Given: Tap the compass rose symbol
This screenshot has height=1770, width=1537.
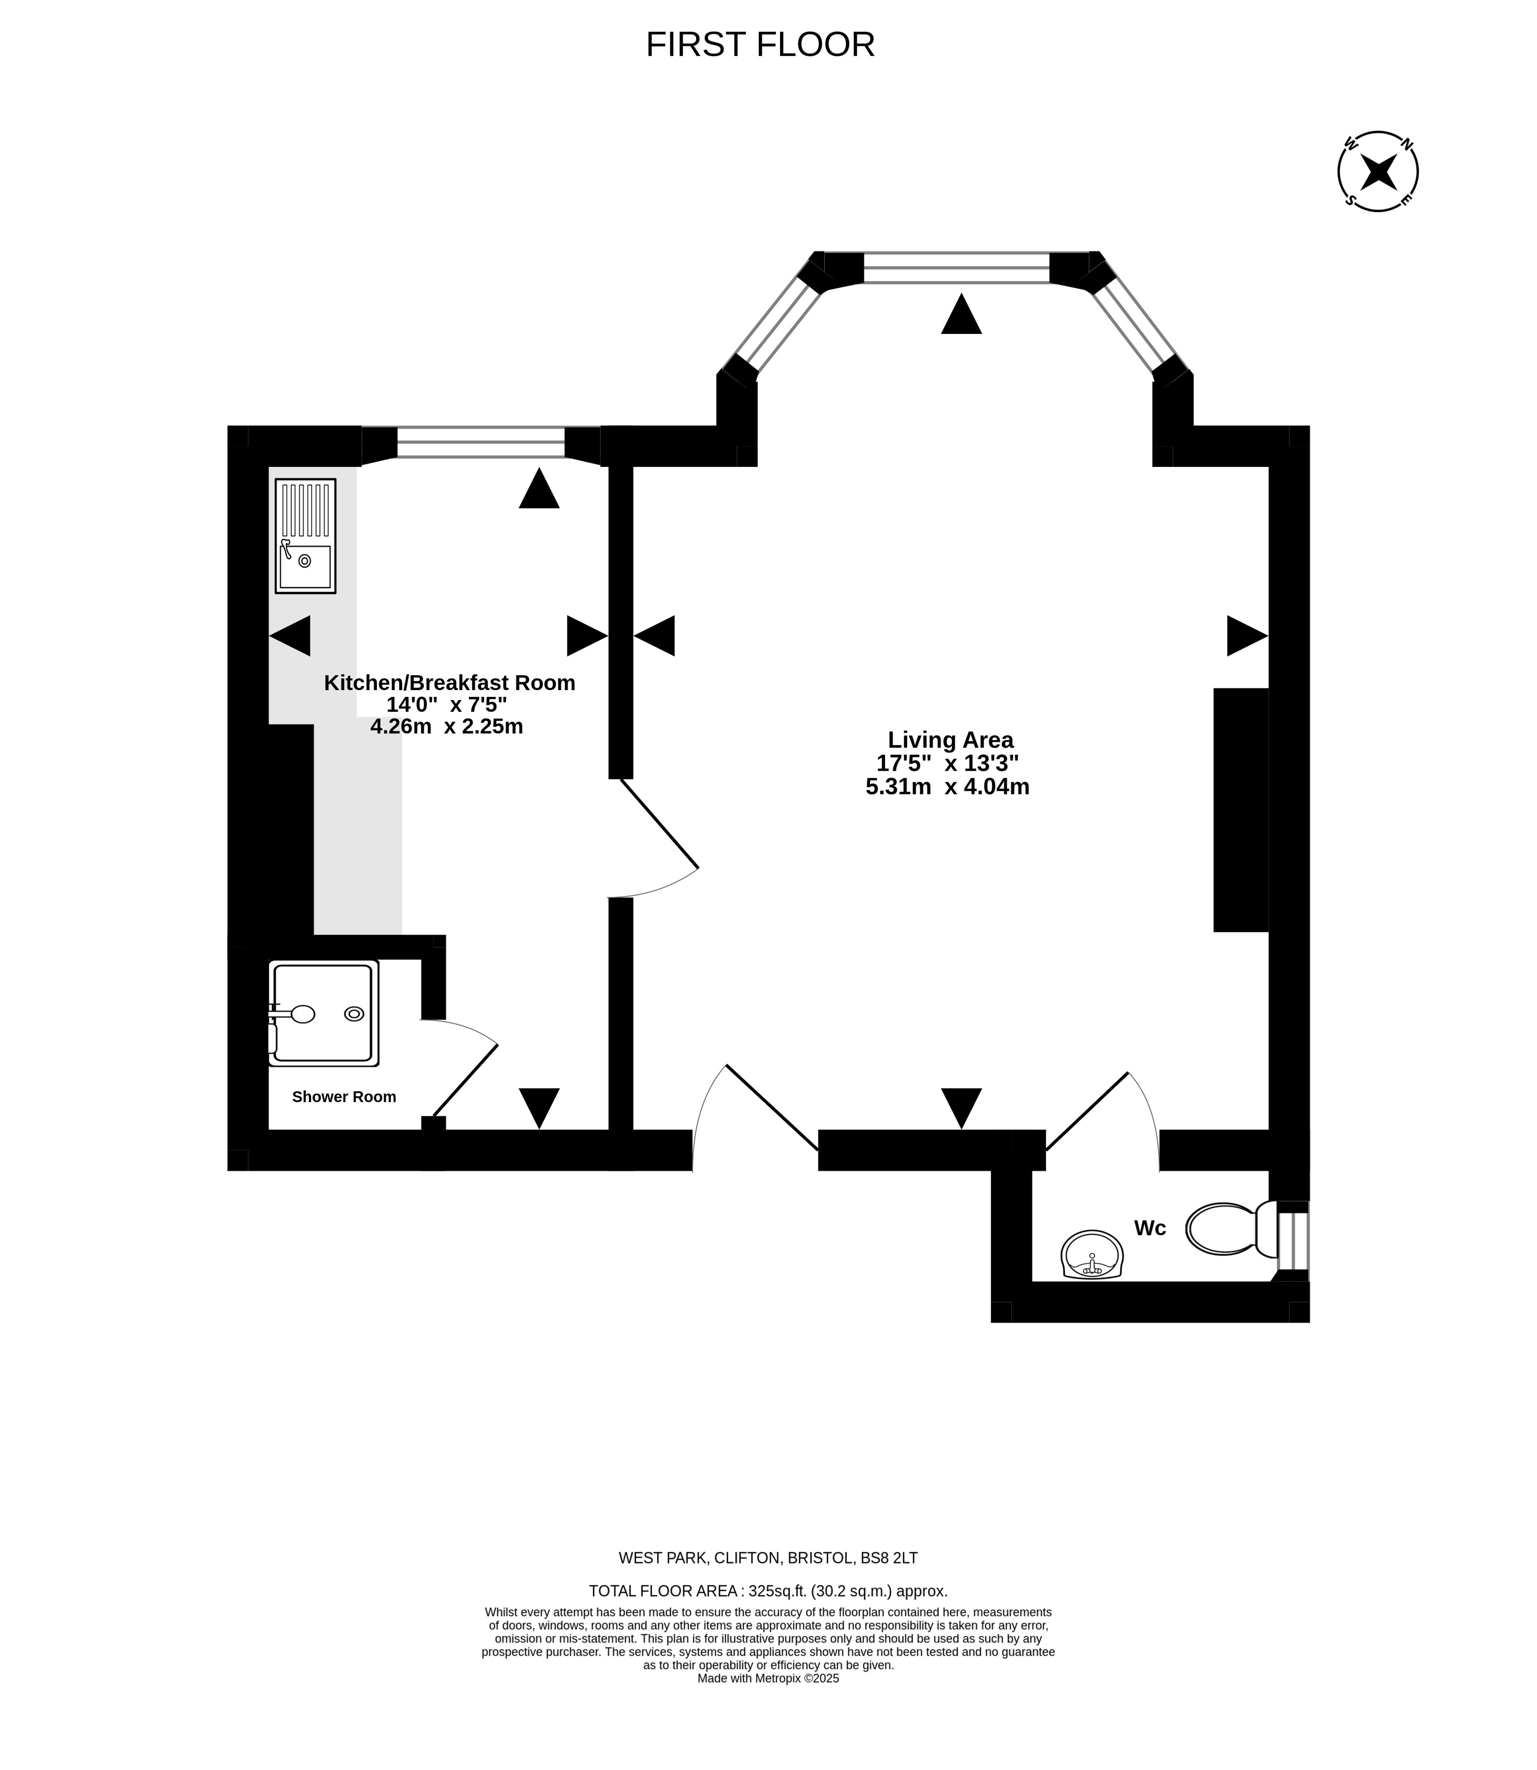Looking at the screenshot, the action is point(1378,172).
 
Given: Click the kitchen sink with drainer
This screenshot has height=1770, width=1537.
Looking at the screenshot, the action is point(305,536).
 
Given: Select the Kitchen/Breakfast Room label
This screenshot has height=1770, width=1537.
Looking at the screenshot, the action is point(450,683).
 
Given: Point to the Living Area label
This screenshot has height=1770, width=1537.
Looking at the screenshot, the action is point(950,739).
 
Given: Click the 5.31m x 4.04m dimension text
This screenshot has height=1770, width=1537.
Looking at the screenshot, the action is point(948,787).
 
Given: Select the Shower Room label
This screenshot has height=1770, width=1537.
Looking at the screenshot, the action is point(344,1097).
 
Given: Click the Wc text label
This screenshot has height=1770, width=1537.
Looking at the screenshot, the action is point(1150,1228).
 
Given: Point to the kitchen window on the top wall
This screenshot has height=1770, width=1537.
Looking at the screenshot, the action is point(481,442).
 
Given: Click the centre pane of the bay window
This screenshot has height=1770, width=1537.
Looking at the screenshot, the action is point(956,268).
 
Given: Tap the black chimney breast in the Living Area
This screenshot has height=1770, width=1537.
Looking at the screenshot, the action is point(1240,809).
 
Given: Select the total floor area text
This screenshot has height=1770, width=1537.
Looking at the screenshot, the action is point(768,1591).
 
